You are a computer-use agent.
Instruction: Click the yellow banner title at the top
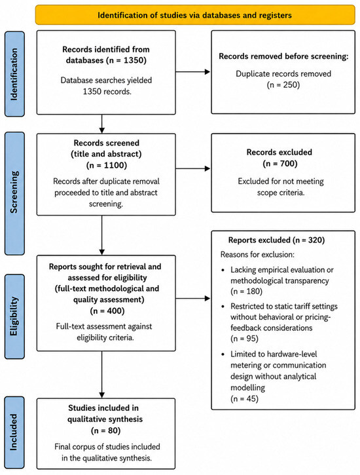[194, 15]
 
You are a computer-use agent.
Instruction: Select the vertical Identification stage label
[14, 74]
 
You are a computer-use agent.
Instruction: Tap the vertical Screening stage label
[14, 192]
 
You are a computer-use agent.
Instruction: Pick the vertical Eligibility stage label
[14, 316]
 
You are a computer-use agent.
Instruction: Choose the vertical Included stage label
[14, 432]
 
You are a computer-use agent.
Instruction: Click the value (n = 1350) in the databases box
[126, 60]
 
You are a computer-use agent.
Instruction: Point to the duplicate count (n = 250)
[283, 85]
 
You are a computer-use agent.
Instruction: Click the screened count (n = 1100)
[107, 165]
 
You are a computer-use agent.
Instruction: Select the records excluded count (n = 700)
[280, 164]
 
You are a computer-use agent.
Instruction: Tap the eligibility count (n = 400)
[107, 311]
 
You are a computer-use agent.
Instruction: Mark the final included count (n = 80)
[105, 430]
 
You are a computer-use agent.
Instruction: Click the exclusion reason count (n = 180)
[247, 292]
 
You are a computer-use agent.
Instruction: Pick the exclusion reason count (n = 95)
[244, 338]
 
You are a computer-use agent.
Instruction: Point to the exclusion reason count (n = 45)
[244, 398]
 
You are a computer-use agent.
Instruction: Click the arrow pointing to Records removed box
[193, 72]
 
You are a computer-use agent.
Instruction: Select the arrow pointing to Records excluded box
[193, 168]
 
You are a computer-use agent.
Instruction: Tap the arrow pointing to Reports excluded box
[193, 298]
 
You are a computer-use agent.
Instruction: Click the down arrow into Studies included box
[102, 375]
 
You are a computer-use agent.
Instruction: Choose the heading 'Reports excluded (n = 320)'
[276, 240]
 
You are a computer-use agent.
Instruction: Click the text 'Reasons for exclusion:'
[257, 254]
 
